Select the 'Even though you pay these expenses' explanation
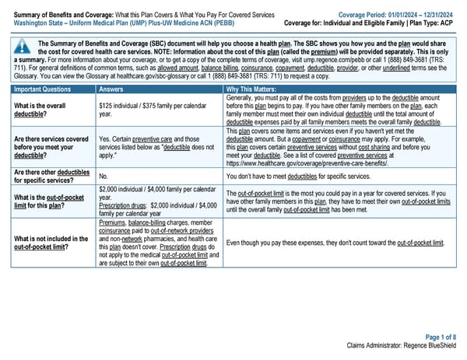[335, 242]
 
